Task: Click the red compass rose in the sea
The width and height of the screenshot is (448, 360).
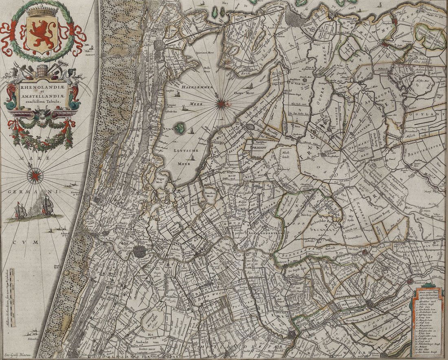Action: tap(35, 176)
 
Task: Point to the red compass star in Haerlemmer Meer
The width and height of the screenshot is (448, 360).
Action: tap(221, 103)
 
